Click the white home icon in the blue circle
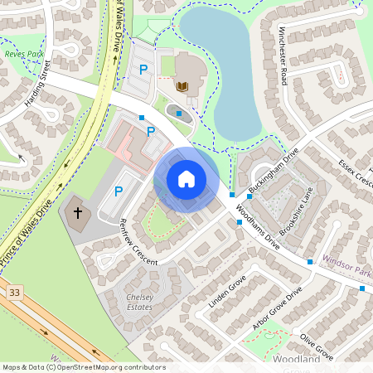186,179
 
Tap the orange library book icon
182,85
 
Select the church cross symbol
79,213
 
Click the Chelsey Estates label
139,302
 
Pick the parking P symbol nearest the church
118,191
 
